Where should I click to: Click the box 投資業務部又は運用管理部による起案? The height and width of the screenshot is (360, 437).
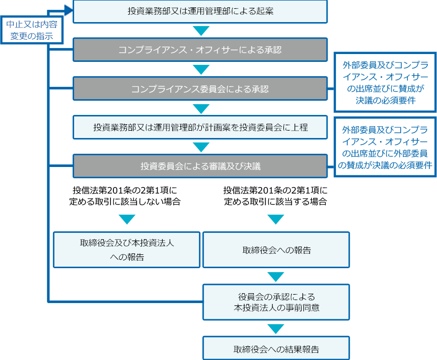pos(199,11)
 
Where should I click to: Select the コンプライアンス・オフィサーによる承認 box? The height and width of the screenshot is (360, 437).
pos(199,50)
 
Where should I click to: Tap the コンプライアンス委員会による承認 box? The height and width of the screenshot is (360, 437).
pos(199,89)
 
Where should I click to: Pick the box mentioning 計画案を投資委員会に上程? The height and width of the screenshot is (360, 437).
pos(199,127)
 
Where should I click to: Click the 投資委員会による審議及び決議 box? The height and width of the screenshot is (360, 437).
pos(199,166)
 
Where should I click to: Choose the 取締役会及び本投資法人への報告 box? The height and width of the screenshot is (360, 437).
pos(127,249)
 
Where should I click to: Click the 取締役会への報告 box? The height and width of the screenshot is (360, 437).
pos(276,250)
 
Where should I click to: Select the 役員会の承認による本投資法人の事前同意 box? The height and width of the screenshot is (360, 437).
pos(276,302)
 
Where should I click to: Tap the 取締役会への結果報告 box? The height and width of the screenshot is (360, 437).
pos(276,349)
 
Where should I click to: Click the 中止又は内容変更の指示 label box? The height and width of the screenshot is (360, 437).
pos(31,30)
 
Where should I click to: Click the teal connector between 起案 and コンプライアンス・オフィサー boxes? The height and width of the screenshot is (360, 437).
pos(201,31)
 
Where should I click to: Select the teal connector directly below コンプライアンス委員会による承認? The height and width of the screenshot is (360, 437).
pos(201,109)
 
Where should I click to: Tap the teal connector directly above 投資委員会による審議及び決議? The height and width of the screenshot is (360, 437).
pos(201,147)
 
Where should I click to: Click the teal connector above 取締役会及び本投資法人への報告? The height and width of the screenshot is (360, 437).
pos(127,220)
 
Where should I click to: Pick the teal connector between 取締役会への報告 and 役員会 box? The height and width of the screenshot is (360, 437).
pos(276,277)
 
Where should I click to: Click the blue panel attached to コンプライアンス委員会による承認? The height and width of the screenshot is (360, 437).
pos(384,82)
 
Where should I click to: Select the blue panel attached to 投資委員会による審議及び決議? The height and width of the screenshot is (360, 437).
pos(384,146)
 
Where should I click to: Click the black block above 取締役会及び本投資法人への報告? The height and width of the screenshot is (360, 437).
pos(126,195)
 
